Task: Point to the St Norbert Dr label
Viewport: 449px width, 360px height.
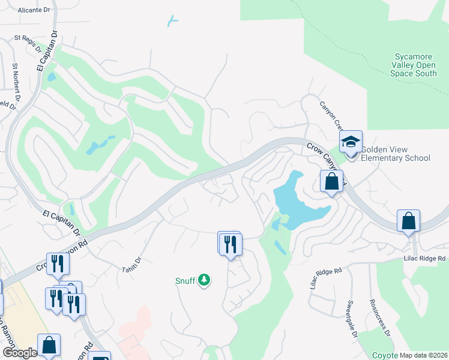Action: tap(16, 74)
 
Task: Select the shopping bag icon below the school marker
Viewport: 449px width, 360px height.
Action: tap(331, 181)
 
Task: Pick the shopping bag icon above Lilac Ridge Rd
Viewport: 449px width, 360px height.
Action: tap(408, 220)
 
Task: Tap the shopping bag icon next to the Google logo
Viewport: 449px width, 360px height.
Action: tap(49, 346)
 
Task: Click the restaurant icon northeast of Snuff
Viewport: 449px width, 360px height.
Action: tap(231, 244)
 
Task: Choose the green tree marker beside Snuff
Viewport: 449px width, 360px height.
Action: tap(205, 280)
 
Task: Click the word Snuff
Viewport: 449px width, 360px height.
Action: tap(185, 280)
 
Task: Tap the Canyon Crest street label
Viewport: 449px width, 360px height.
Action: tap(331, 116)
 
